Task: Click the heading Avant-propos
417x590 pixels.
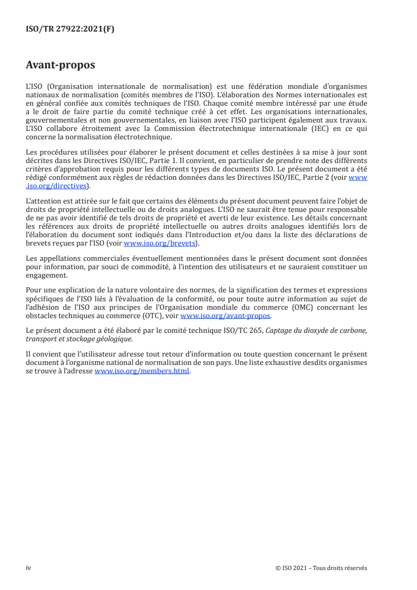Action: [60, 65]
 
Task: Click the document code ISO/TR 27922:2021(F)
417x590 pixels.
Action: [70, 29]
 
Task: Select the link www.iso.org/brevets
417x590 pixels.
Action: [159, 243]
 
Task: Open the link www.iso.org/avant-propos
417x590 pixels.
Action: [226, 316]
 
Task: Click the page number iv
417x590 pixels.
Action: [29, 568]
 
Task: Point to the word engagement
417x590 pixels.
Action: [46, 274]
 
